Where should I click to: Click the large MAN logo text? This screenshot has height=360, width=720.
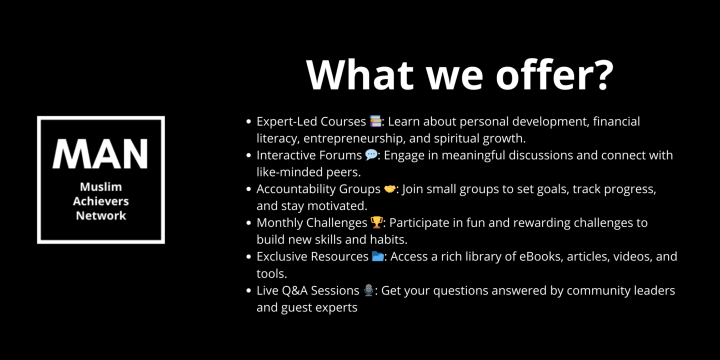100,153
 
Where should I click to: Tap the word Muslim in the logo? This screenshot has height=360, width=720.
101,187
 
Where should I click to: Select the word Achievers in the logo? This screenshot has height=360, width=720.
101,201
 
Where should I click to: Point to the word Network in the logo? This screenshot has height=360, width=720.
101,215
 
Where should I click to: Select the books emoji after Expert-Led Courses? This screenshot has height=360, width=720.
375,121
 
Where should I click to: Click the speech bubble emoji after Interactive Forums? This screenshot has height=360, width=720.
371,155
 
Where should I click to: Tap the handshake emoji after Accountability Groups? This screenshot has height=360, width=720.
390,189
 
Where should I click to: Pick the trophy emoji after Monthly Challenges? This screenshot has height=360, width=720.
376,222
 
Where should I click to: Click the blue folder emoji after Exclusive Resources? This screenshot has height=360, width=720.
377,256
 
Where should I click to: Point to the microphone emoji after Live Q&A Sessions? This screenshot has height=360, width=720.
368,290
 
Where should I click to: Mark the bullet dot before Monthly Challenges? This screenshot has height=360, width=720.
248,223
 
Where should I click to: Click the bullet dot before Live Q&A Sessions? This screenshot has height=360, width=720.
248,290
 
